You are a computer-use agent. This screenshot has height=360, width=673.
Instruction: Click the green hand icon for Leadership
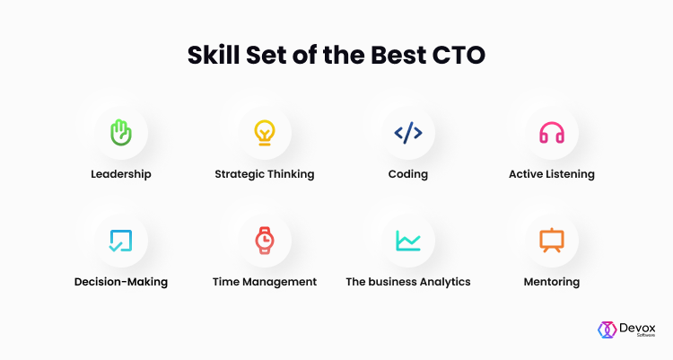pyautogui.click(x=121, y=133)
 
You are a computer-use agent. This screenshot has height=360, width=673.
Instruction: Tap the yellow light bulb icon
pyautogui.click(x=265, y=133)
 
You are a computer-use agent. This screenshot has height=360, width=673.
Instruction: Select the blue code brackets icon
pyautogui.click(x=408, y=133)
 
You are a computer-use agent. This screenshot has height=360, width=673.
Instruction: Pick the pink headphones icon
pyautogui.click(x=552, y=133)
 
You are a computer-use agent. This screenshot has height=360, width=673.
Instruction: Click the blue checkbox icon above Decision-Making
pyautogui.click(x=120, y=241)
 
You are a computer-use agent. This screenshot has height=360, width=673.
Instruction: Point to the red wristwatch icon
pyautogui.click(x=265, y=241)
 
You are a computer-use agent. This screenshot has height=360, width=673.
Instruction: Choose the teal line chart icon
pyautogui.click(x=408, y=241)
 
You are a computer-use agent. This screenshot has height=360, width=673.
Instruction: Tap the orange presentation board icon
pyautogui.click(x=552, y=240)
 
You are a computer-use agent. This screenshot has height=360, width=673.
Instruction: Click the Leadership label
pyautogui.click(x=121, y=174)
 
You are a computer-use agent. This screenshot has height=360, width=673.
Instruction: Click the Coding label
pyautogui.click(x=408, y=174)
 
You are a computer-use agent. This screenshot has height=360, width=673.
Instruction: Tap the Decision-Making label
pyautogui.click(x=121, y=282)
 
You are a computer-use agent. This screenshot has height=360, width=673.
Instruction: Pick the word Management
pyautogui.click(x=279, y=282)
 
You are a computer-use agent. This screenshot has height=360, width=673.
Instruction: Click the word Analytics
pyautogui.click(x=445, y=282)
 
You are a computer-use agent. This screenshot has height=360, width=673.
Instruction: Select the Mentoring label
pyautogui.click(x=552, y=282)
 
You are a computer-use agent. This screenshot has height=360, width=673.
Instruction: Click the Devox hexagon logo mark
pyautogui.click(x=607, y=330)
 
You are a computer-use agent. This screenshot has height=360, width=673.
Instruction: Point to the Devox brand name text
pyautogui.click(x=637, y=329)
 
